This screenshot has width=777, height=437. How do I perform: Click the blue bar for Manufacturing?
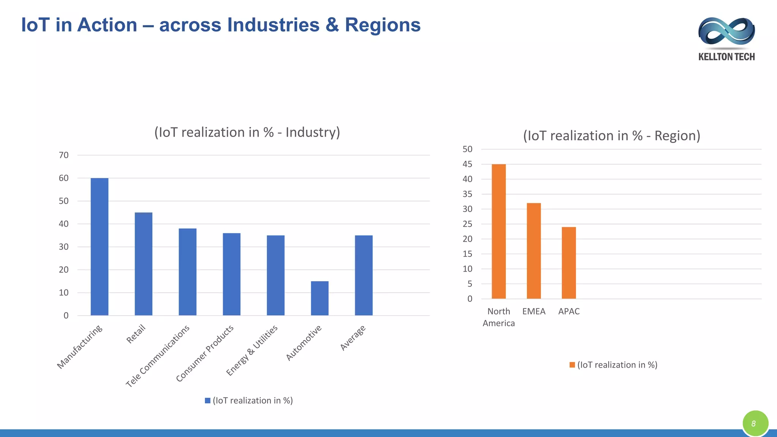point(99,247)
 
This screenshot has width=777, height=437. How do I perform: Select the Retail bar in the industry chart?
point(143,264)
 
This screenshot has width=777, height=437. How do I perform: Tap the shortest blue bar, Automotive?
point(319,298)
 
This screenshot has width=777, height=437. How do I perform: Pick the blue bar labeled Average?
point(363,275)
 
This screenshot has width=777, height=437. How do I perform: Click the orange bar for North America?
point(499,231)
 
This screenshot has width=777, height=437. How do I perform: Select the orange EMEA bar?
point(534,251)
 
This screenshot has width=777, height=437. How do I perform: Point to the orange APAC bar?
point(569,263)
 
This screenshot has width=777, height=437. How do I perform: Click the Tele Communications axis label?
point(158,356)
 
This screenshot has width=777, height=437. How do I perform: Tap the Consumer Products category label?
point(205,353)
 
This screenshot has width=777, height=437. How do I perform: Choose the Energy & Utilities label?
point(252,350)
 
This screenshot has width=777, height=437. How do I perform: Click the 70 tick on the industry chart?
point(64,155)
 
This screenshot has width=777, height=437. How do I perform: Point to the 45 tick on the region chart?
point(467,164)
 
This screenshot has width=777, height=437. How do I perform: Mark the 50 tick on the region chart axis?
point(467,149)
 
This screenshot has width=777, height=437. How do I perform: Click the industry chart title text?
point(247,132)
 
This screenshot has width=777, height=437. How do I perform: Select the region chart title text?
point(612,136)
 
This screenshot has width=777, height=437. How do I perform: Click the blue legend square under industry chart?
point(208,401)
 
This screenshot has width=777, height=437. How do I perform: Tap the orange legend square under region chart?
point(572,365)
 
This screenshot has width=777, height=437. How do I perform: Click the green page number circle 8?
point(755,423)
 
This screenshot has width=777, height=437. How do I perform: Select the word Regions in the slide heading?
point(382,25)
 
